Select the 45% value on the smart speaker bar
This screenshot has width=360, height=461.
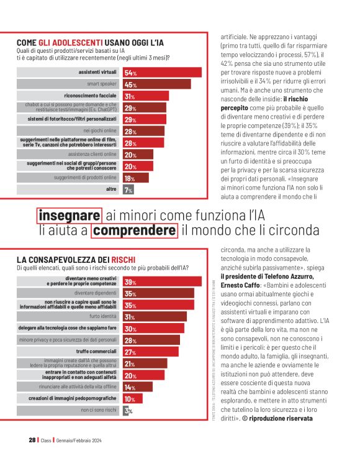[x=131, y=84]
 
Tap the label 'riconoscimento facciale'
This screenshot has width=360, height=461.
[x=91, y=96]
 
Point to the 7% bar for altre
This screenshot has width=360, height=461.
[x=128, y=189]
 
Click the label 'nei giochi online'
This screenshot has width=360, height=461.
[x=101, y=131]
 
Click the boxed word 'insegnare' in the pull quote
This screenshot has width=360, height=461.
[x=70, y=215]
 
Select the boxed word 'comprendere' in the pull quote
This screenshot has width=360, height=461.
[x=133, y=230]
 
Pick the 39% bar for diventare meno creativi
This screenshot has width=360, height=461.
[x=162, y=281]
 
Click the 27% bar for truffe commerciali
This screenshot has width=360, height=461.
[x=151, y=352]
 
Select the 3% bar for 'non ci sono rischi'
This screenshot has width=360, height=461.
[x=125, y=411]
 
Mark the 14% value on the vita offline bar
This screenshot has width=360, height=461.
[x=130, y=387]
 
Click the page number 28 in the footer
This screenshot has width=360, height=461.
[x=32, y=439]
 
